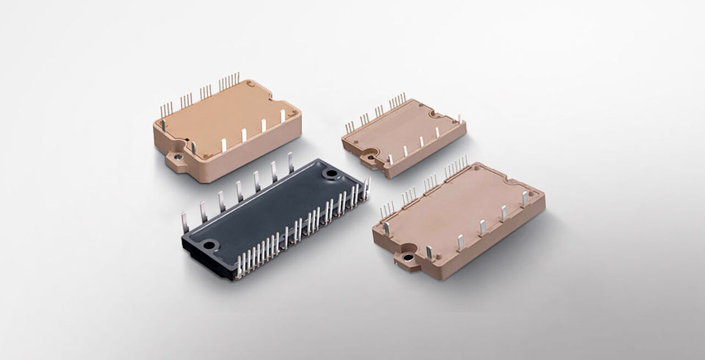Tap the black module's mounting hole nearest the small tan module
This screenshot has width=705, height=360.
tap(332, 174)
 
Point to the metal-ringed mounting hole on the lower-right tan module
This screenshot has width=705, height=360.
tap(408, 257)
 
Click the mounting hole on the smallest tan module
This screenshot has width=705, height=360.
tap(366, 158)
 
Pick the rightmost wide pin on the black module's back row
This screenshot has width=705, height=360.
tap(291, 162)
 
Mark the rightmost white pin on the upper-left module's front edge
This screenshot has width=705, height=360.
tap(283, 116)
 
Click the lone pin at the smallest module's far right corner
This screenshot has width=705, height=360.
tap(459, 119)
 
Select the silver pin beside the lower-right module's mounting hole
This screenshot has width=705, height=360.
tap(429, 252)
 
